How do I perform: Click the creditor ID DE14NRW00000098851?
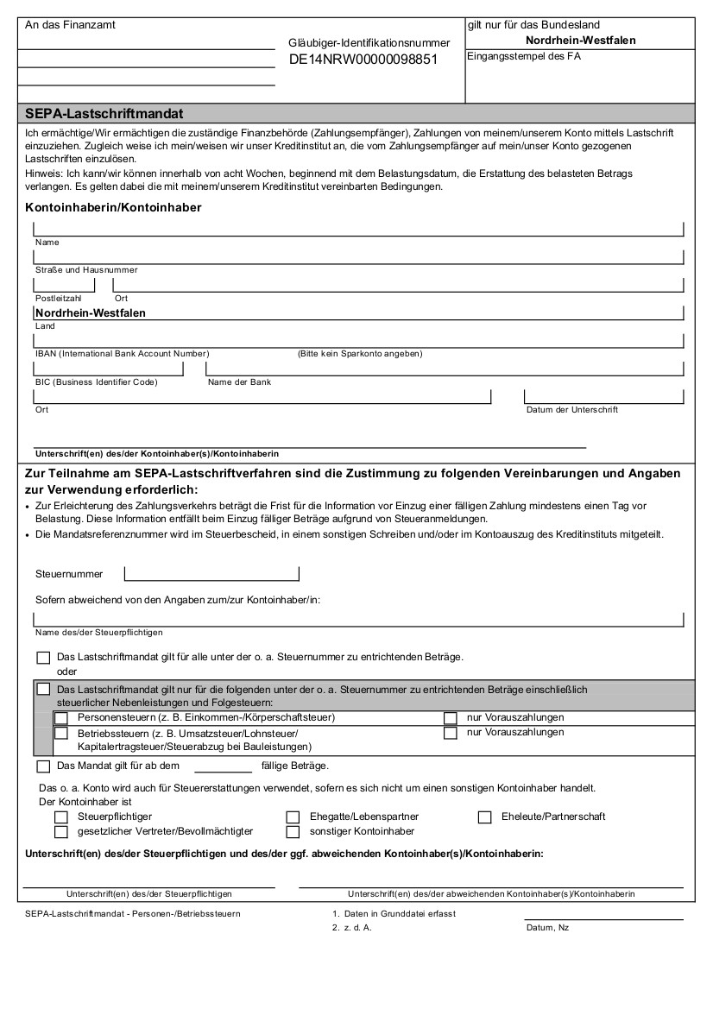coord(363,60)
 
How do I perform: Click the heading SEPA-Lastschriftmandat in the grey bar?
coord(104,113)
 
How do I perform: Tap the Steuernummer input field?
coord(211,573)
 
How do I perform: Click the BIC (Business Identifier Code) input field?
coord(108,369)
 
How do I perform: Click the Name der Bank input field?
coord(445,369)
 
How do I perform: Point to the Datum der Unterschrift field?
coord(603,396)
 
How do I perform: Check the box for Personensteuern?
coord(61,718)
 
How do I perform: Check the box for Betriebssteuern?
coord(61,733)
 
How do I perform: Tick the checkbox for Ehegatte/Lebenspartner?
coord(293,817)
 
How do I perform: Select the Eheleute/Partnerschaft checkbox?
coord(484,817)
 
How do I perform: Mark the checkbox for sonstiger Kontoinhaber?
coord(293,832)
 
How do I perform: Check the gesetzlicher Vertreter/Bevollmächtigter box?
coord(61,832)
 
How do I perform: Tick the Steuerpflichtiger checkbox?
coord(61,817)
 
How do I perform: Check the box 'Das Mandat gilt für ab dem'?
coord(44,766)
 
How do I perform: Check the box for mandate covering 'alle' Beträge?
coord(44,658)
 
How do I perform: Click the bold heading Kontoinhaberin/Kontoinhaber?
coord(113,208)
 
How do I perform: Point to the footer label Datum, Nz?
coord(547,928)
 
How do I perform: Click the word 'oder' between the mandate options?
coord(67,672)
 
